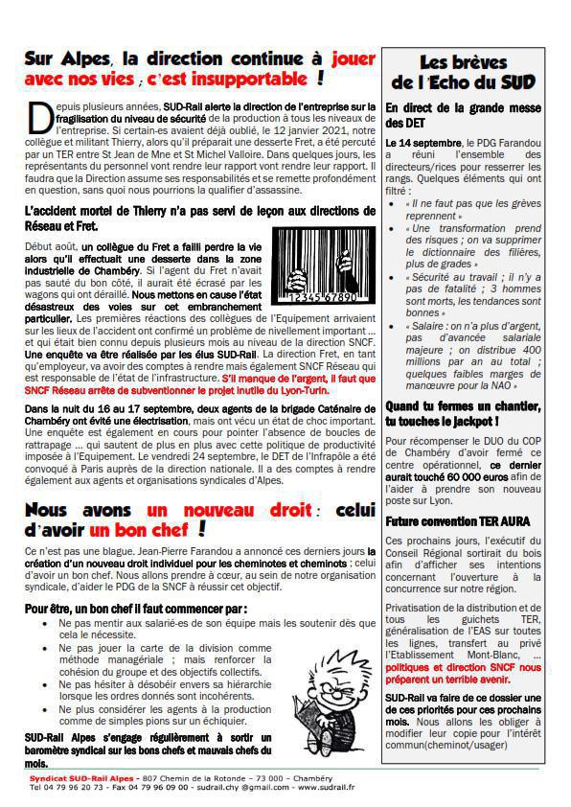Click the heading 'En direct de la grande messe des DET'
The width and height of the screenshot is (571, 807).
tap(463, 115)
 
